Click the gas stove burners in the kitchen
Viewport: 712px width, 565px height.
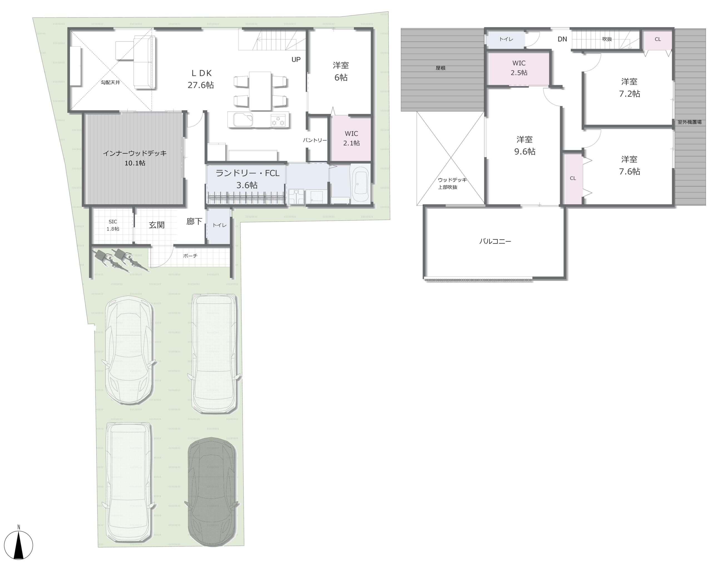click(x=278, y=121)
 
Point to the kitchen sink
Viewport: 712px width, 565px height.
click(x=243, y=120)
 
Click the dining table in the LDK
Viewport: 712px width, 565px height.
click(x=260, y=91)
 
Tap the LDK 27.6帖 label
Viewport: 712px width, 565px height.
click(x=201, y=79)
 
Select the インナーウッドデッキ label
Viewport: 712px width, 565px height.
click(x=135, y=153)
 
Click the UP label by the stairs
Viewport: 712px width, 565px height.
click(x=296, y=60)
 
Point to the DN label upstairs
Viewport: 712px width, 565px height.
click(x=562, y=39)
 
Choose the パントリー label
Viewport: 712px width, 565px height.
click(x=315, y=140)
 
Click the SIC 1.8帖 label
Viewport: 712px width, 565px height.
click(x=113, y=225)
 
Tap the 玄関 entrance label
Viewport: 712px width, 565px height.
click(x=157, y=225)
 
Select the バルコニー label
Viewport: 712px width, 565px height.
click(x=495, y=241)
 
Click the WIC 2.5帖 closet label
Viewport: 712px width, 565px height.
click(x=519, y=68)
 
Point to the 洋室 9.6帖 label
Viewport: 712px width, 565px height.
click(x=525, y=145)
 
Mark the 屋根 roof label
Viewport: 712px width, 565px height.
click(x=441, y=68)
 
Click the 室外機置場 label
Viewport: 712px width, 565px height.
click(x=689, y=122)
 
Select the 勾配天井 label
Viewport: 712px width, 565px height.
click(x=110, y=82)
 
